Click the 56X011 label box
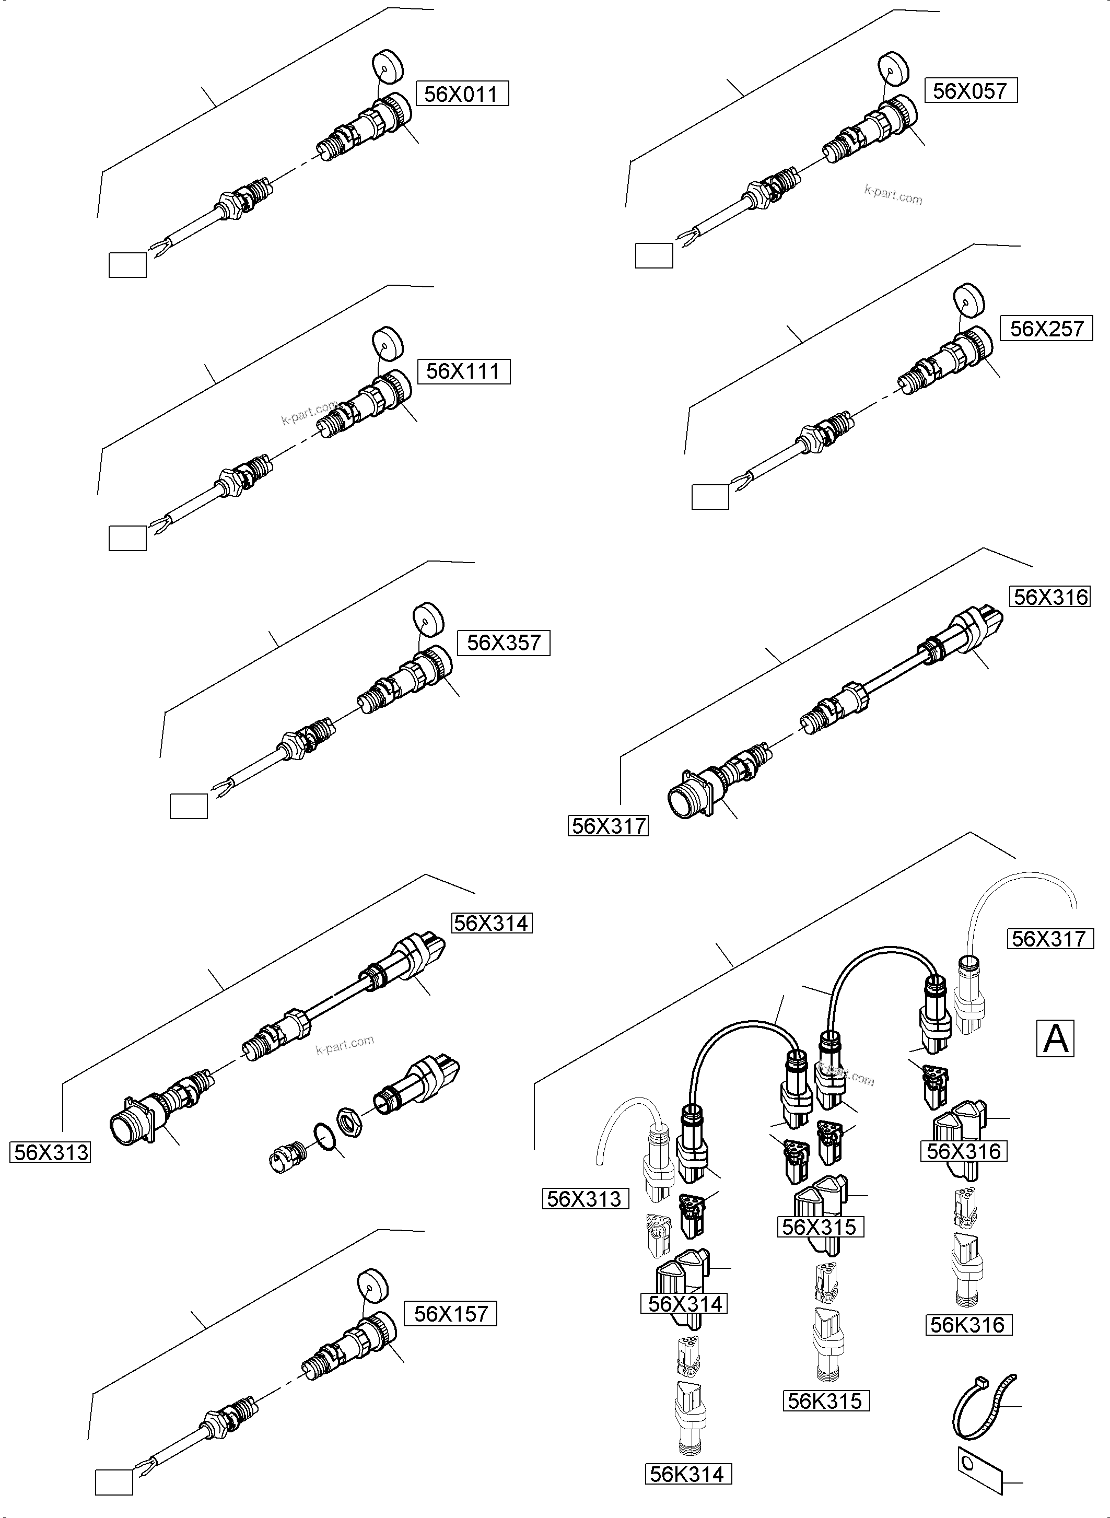point(462,94)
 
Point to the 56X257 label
point(1047,329)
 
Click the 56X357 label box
point(503,643)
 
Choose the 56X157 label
point(450,1313)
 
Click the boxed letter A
point(1055,1038)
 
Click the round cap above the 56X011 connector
point(387,66)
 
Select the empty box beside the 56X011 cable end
point(127,264)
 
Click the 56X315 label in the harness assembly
point(820,1227)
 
